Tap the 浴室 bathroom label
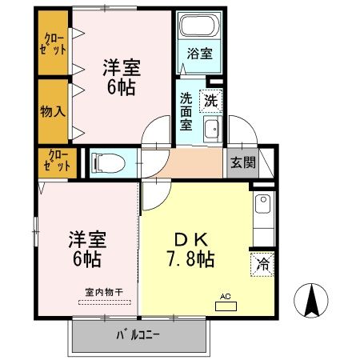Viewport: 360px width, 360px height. click(200, 54)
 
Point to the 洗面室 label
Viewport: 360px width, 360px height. click(186, 111)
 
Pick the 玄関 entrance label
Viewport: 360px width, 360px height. click(243, 162)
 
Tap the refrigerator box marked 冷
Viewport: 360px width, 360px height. click(262, 263)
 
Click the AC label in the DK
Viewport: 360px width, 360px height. click(226, 296)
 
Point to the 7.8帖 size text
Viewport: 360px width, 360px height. click(190, 259)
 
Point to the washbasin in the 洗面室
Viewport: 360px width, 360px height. click(211, 131)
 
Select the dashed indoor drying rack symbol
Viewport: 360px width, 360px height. click(106, 302)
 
